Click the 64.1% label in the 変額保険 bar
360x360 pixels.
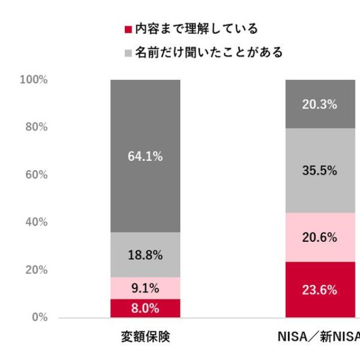pos(145,157)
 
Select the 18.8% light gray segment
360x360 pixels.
pos(145,255)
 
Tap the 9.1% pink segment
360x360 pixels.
pos(145,289)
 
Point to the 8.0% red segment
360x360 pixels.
pos(145,308)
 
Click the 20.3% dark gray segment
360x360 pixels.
pos(319,104)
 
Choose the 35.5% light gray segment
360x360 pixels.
pos(319,171)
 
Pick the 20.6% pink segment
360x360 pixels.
pos(319,237)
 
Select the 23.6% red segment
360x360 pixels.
pos(319,290)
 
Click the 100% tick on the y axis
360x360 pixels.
pos(34,80)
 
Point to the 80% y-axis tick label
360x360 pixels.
pos(36,127)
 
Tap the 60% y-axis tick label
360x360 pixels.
pos(36,175)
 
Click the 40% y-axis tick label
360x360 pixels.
pos(36,222)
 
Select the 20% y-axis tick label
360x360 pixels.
pos(36,270)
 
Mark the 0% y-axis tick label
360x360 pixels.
pos(38,317)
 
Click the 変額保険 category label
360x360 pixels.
pos(145,337)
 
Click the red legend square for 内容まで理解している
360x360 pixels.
pos(128,29)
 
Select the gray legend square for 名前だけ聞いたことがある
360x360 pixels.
pos(128,53)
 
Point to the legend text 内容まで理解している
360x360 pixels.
pos(196,29)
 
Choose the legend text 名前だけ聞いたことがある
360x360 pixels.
pos(209,53)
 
